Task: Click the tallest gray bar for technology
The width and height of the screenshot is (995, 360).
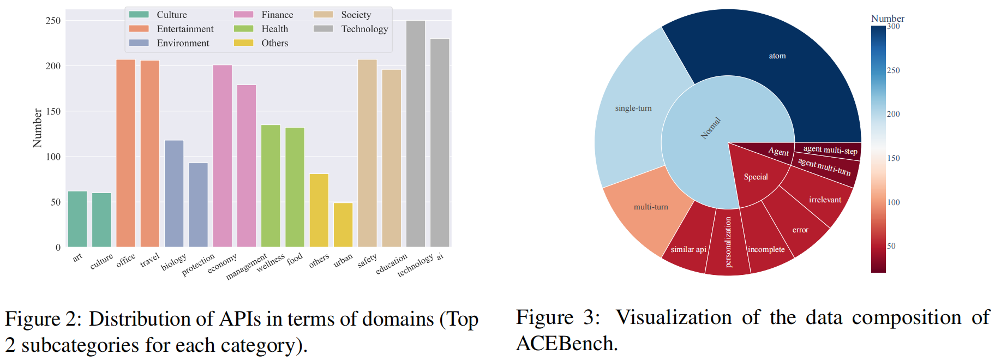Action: click(x=415, y=134)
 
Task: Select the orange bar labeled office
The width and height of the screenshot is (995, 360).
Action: click(x=125, y=153)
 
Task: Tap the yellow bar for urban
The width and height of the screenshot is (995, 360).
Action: click(x=343, y=225)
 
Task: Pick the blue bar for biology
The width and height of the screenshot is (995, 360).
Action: click(x=174, y=194)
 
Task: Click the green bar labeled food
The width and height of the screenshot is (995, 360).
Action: click(x=295, y=187)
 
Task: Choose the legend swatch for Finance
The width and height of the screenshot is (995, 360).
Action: click(x=243, y=15)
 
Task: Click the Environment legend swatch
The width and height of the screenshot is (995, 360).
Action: click(x=139, y=43)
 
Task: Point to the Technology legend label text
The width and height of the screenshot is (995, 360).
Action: click(x=364, y=29)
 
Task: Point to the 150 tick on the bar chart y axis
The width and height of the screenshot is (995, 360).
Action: click(x=53, y=111)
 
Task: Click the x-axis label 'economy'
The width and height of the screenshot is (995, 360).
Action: click(x=222, y=263)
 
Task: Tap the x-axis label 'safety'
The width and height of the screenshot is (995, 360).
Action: click(x=367, y=261)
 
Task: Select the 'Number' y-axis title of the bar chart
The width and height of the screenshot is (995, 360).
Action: click(x=37, y=128)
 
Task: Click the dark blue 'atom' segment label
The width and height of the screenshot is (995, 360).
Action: click(x=777, y=56)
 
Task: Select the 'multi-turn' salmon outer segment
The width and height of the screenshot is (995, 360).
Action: click(x=651, y=207)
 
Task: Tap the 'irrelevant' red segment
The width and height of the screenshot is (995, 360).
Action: click(x=825, y=200)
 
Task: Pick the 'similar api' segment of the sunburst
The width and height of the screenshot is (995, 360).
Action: click(x=688, y=249)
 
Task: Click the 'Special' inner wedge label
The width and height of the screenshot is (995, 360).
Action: click(x=756, y=177)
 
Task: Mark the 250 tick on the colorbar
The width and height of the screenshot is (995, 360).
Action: click(x=893, y=70)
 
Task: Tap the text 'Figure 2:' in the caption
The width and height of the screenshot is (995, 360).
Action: click(x=43, y=319)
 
